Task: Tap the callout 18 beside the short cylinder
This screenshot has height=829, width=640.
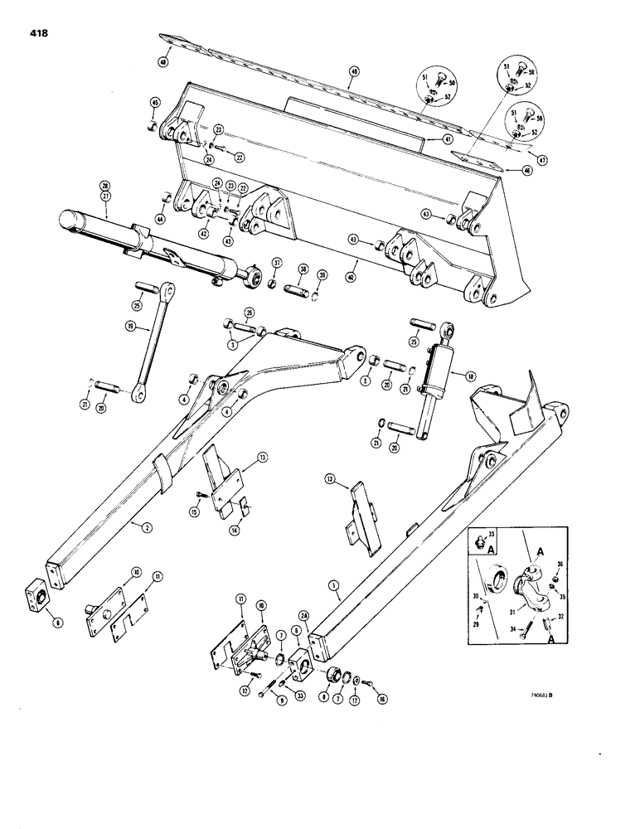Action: [470, 376]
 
